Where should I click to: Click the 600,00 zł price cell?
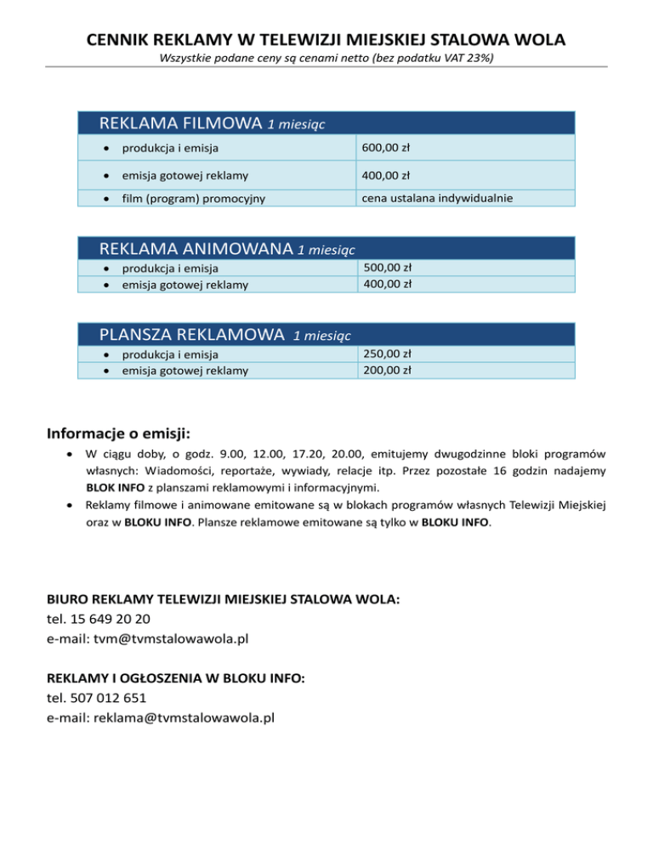(x=386, y=148)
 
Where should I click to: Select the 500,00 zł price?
(x=387, y=269)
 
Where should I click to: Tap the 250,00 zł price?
(x=387, y=354)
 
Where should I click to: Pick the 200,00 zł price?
(x=387, y=370)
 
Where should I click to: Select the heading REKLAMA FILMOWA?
(x=180, y=123)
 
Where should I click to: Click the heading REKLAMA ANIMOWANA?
(x=197, y=249)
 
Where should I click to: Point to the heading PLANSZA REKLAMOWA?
(x=191, y=334)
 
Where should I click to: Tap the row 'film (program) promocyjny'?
(x=193, y=200)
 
